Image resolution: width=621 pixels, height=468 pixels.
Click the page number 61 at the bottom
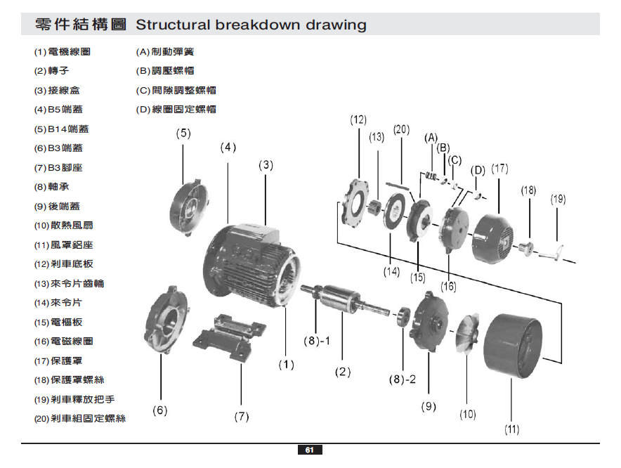click(x=310, y=450)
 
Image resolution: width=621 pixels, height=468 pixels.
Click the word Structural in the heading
click(x=173, y=25)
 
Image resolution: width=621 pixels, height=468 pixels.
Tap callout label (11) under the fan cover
click(x=511, y=429)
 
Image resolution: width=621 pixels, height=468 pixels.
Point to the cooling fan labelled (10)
click(x=469, y=337)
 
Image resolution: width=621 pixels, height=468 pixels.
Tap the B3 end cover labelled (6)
click(x=167, y=320)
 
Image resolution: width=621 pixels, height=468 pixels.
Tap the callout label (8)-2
click(x=403, y=379)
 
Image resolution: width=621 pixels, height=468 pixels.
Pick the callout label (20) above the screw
click(x=400, y=129)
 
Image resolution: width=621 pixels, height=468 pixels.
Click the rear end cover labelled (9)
click(x=428, y=323)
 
